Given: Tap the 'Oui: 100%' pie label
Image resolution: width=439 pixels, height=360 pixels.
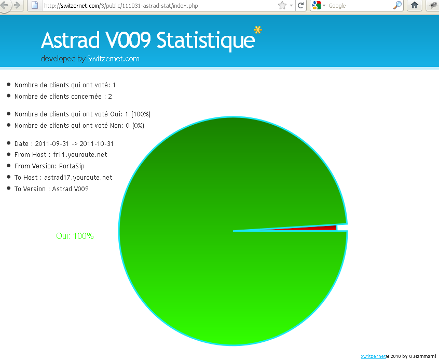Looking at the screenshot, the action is (75, 236).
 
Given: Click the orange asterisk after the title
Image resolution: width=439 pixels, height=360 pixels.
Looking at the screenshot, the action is (257, 30).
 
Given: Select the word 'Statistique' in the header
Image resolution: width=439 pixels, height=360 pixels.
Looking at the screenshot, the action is (206, 41).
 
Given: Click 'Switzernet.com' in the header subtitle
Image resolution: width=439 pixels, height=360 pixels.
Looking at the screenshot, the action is (113, 59).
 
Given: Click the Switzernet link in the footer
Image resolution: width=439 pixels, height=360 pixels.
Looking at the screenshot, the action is (373, 356).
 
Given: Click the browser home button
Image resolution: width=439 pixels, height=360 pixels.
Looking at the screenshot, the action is (415, 5).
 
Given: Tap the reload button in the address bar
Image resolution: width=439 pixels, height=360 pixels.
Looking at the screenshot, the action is (300, 5).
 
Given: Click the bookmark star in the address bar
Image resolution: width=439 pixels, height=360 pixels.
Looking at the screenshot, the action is (282, 5).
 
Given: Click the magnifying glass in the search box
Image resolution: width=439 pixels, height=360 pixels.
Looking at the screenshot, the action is (397, 5).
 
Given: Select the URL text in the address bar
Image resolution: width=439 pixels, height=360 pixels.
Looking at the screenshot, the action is (121, 6).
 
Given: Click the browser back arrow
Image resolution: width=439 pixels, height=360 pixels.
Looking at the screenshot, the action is (4, 5).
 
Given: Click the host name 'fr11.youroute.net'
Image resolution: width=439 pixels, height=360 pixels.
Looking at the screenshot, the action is (80, 155).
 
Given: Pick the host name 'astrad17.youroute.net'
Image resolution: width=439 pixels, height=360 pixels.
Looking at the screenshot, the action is (78, 178).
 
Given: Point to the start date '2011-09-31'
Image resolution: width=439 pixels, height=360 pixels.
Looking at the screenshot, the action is (52, 144).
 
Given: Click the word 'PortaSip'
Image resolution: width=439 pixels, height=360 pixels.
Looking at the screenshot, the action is (72, 166).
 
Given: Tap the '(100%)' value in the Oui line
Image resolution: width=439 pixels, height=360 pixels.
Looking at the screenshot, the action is (141, 114).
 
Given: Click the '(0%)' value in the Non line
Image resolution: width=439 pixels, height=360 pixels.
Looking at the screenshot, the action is (139, 126).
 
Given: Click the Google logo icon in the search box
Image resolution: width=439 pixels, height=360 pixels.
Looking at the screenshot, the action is (317, 5).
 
